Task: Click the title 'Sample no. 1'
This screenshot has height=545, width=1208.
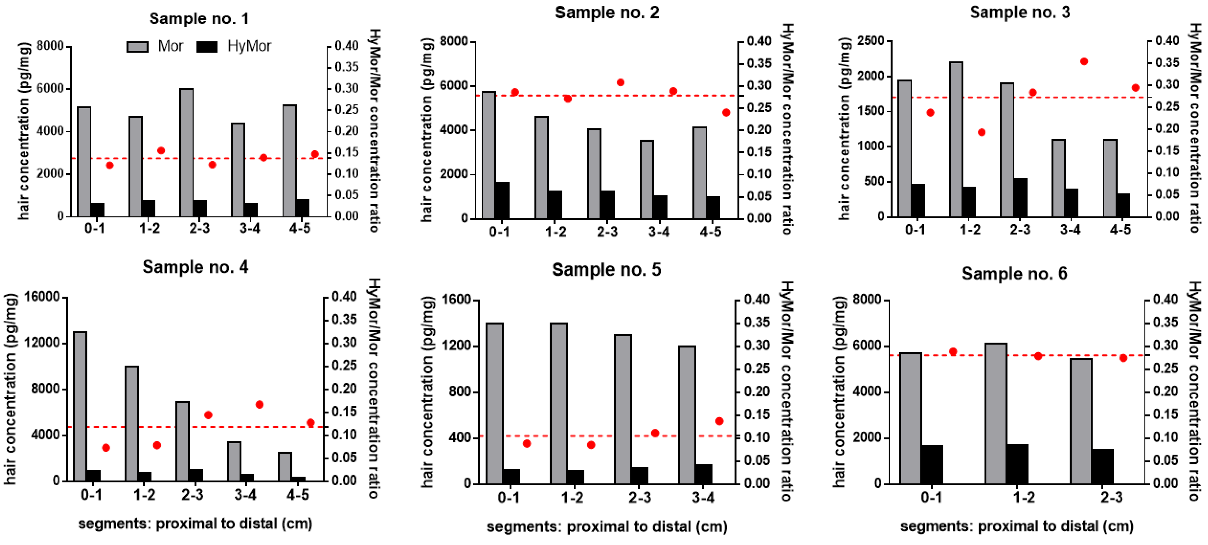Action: [x=199, y=19]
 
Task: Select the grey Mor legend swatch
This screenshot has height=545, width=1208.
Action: [x=138, y=47]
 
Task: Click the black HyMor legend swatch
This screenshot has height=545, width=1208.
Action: [x=207, y=47]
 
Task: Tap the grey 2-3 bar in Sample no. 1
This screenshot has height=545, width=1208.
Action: [x=186, y=152]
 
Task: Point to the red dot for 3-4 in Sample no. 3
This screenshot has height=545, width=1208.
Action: [x=1084, y=61]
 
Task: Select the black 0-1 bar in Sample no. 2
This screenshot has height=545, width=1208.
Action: [x=502, y=200]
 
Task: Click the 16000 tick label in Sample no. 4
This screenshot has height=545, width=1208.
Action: [x=42, y=297]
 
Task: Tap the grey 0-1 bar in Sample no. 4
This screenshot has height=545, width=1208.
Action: [x=80, y=406]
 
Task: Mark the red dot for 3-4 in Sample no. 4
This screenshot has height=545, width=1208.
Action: [x=259, y=404]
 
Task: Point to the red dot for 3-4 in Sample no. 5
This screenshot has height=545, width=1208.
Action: [x=719, y=421]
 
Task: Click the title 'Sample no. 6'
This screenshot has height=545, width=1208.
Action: [x=1014, y=274]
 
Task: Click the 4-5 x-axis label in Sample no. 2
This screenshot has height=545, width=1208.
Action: [x=710, y=232]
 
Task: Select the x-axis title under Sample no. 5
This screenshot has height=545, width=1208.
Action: [x=607, y=527]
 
